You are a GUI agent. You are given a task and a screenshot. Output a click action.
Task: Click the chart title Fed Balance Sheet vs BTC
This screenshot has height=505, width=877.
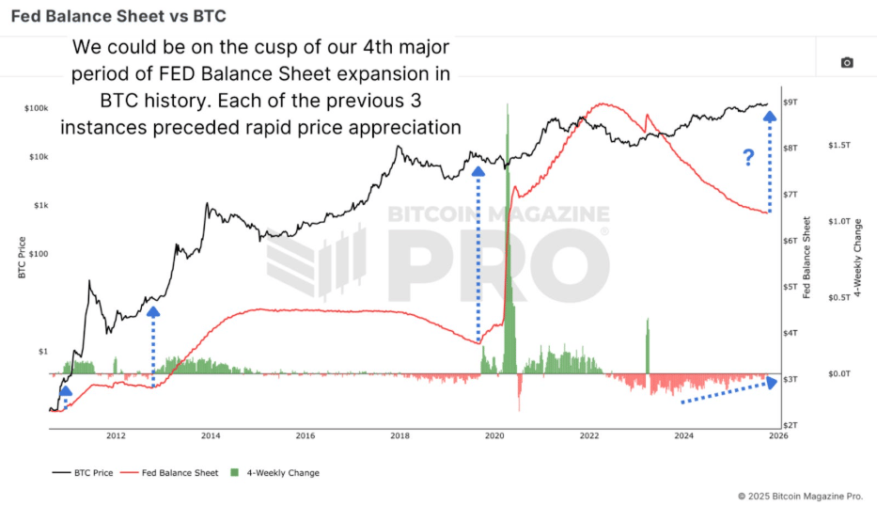coord(118,17)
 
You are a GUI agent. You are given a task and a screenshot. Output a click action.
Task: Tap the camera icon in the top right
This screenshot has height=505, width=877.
coord(846,63)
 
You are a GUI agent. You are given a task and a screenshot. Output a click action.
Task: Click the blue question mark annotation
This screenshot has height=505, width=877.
coord(748,158)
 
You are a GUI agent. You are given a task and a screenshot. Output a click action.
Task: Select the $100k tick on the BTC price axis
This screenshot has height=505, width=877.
coord(37,109)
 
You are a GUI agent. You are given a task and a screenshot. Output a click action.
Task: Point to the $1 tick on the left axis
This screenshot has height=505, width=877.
coord(42,351)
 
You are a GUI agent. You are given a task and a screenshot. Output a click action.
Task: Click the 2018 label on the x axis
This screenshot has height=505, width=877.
coord(399,435)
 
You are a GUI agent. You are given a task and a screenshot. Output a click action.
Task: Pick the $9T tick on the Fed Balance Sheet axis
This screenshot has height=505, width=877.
coord(791,103)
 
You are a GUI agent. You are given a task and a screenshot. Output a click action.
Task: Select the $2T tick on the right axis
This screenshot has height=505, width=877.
coord(791,425)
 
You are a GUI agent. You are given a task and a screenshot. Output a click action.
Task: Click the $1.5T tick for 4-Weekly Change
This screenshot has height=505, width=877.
coord(838,145)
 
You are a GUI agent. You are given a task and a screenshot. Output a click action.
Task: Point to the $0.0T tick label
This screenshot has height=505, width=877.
coord(838,373)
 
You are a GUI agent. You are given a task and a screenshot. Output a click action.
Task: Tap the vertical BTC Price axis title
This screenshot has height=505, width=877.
coord(21,256)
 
